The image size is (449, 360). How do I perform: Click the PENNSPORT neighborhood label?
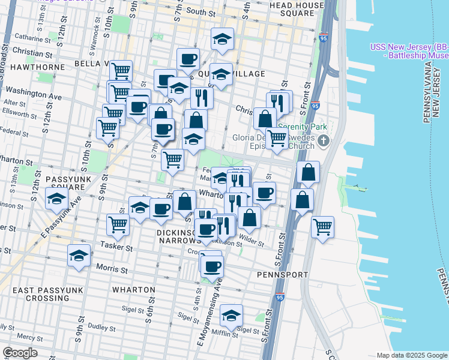pos(282,274)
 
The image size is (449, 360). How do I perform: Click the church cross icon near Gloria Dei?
pos(324,142)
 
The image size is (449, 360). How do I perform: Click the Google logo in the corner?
pos(20,353)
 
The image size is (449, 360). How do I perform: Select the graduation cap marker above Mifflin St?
pos(231,315)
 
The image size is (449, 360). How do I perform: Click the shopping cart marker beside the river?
pos(323,227)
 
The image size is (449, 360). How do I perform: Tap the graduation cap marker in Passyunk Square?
pos(56,199)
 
